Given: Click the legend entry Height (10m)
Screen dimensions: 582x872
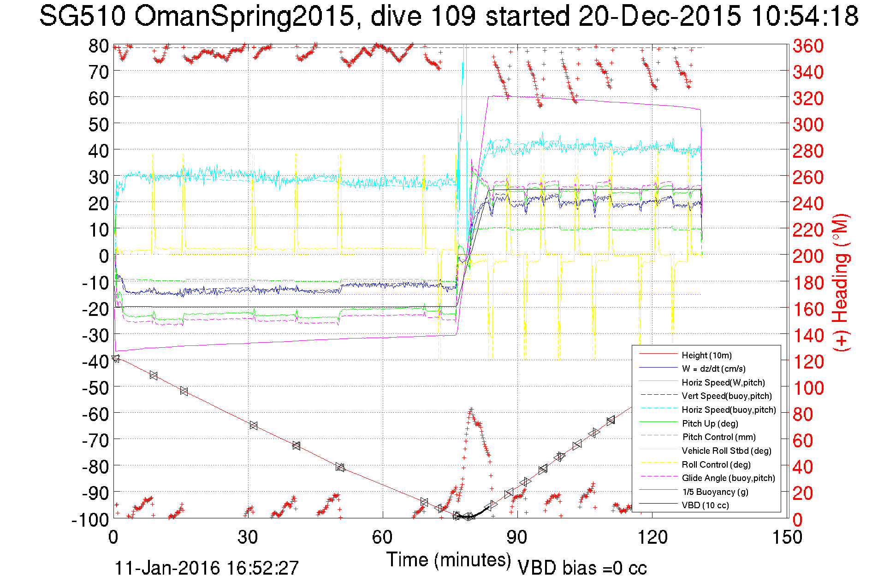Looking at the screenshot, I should [706, 355].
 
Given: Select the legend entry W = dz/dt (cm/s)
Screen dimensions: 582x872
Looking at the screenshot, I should [713, 368].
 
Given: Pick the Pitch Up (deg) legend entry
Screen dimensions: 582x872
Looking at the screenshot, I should [710, 423].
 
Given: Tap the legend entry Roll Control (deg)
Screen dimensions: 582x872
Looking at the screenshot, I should [716, 464].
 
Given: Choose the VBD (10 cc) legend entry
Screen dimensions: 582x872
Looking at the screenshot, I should [705, 505].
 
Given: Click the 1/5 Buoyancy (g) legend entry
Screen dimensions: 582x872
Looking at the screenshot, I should [715, 492].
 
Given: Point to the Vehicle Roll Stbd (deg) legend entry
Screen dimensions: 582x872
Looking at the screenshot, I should [726, 451].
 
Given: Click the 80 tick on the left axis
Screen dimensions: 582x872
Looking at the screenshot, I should [99, 46].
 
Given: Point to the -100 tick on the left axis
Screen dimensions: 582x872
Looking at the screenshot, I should [90, 520].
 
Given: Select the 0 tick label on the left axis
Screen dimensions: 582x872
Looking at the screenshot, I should [104, 256].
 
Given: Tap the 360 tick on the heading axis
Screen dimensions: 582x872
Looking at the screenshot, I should [808, 46].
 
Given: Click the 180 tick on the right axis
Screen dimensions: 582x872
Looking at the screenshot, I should [808, 283].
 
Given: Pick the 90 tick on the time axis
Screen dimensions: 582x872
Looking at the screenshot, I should [517, 537].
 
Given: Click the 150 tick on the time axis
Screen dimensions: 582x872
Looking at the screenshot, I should [787, 537].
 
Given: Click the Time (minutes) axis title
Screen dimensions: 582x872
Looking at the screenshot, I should [449, 560].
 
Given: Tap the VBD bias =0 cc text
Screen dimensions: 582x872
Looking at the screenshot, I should [582, 568].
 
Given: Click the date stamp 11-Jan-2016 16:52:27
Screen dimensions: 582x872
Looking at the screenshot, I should [207, 568].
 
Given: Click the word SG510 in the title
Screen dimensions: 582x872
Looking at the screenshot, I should [82, 17].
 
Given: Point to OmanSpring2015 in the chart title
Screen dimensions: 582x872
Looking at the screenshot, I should [244, 17].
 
